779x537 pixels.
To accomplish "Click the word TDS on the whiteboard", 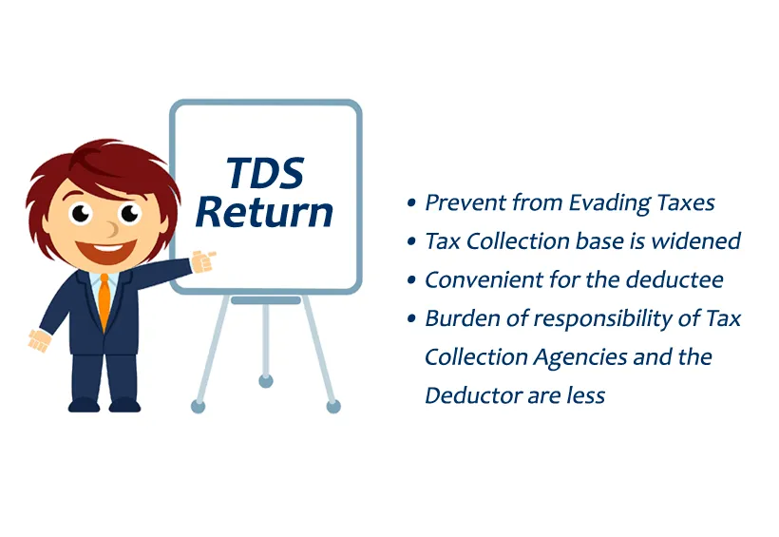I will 265,173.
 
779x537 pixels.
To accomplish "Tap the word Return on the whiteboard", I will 265,211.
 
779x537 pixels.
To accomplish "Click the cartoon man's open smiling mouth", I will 108,251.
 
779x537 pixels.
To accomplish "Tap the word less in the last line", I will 584,395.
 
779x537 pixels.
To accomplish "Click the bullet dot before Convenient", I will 410,281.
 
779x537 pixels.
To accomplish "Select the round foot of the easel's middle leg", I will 265,380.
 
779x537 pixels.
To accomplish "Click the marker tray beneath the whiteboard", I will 265,300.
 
